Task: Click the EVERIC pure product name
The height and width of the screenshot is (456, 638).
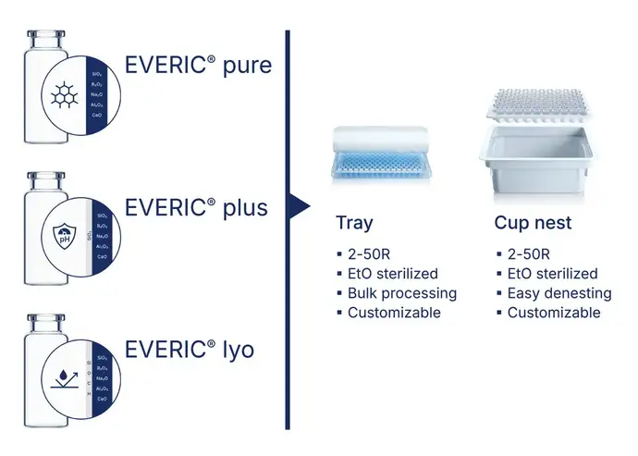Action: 198,68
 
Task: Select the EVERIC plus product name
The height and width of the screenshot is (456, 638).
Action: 196,207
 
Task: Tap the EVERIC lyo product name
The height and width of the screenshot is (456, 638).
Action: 190,350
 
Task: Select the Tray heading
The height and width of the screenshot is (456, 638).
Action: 355,222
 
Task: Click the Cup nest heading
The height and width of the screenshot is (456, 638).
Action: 534,222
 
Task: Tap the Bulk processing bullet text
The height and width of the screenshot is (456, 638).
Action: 402,293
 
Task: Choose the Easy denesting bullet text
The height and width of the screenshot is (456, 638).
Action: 559,293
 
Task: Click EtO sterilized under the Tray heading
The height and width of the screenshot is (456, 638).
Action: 393,274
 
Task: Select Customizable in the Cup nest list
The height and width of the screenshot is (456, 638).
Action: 554,313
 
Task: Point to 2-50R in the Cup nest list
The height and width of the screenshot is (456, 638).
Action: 529,254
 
